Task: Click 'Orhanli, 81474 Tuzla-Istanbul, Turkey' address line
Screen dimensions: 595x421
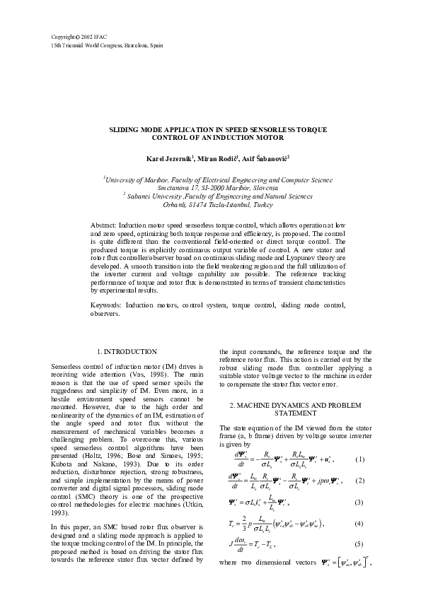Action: [211, 204]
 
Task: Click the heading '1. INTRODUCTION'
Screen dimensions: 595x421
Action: [127, 352]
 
